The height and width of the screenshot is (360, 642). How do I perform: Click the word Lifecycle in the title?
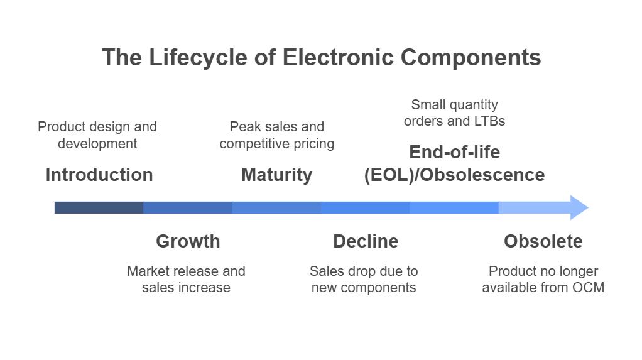click(198, 57)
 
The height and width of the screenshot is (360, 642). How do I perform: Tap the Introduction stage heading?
click(99, 175)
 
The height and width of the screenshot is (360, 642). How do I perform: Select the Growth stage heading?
click(188, 241)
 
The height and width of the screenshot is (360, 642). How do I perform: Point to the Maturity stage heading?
click(276, 175)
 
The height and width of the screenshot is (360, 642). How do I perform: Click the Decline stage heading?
click(366, 241)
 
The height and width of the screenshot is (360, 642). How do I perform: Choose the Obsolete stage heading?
click(543, 241)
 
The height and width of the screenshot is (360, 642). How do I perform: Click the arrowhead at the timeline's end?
click(579, 207)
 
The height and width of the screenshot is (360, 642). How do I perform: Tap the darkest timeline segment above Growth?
click(188, 207)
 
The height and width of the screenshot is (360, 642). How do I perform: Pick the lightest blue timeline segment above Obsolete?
click(534, 207)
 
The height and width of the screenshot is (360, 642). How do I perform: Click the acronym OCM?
click(588, 288)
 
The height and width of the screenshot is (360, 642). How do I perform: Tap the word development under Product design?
click(97, 144)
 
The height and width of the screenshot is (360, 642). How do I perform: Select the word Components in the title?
click(471, 57)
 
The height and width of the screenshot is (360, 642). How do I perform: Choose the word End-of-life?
click(454, 152)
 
